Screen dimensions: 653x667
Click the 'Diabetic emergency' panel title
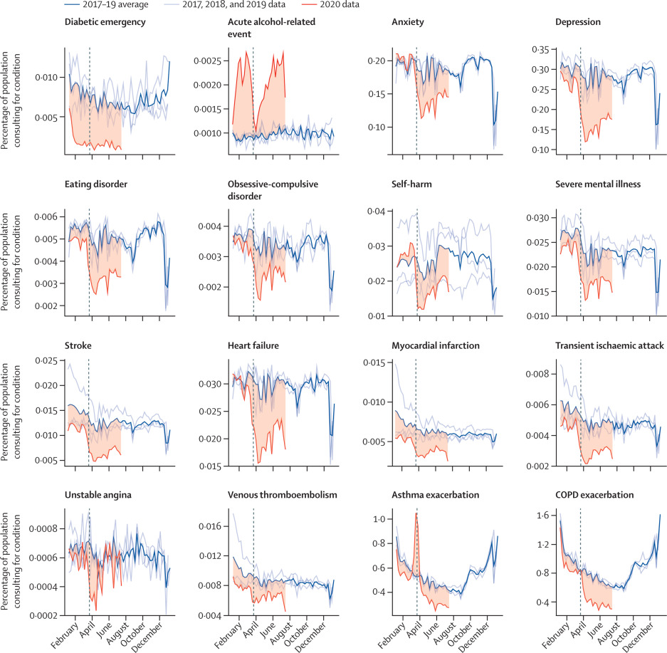105,22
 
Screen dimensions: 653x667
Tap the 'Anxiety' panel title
408,22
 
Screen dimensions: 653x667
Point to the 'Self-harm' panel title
411,184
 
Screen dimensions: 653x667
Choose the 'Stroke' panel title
78,345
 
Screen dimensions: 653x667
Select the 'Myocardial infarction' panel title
435,345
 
